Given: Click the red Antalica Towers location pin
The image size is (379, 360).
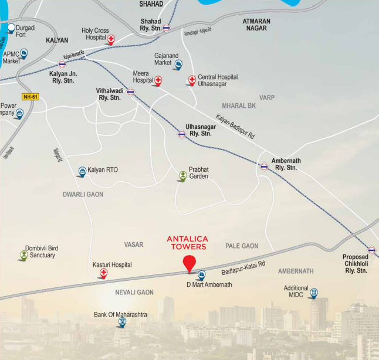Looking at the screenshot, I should (189, 263).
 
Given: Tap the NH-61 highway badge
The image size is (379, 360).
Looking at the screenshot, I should (30, 96).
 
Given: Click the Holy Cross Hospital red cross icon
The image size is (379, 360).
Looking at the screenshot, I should (110, 39).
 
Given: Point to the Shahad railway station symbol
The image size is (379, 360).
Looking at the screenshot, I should (166, 27).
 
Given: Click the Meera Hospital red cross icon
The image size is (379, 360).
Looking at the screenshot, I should (157, 80).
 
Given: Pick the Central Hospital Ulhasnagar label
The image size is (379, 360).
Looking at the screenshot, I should (218, 80).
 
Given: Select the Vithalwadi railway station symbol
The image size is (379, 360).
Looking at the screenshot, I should (130, 91).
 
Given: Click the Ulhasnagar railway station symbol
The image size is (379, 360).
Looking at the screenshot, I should (182, 134).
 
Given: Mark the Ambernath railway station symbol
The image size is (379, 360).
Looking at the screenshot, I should (264, 167).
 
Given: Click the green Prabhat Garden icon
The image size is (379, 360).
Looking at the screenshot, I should (182, 175).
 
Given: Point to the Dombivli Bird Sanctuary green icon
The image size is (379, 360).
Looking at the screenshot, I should (23, 254).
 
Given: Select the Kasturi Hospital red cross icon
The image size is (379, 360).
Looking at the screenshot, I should (103, 273).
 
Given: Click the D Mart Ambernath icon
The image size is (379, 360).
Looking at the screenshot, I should (201, 274).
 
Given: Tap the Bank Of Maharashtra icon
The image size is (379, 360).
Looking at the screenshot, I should (121, 322).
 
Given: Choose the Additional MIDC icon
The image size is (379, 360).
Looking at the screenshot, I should (314, 293).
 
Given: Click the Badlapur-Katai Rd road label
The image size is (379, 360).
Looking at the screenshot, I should (243, 268).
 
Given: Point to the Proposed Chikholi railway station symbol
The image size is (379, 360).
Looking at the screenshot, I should (371, 250).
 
